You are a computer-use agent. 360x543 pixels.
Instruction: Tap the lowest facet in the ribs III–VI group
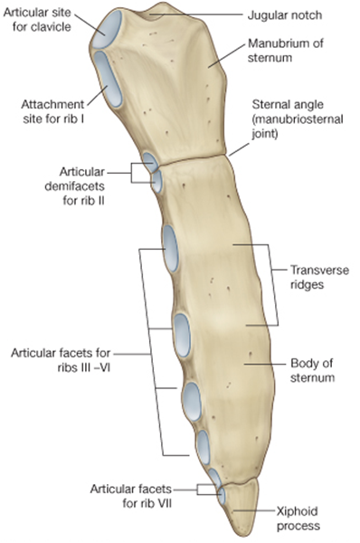pyautogui.click(x=204, y=445)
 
